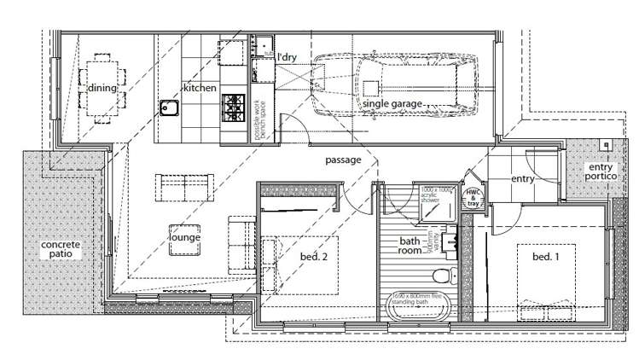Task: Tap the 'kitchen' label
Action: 200,88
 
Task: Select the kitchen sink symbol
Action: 168,108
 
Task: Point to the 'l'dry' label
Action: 287,57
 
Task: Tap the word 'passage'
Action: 344,160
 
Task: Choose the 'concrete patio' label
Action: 59,248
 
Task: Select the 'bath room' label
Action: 410,247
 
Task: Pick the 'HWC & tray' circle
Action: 472,197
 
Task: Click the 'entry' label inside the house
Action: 522,179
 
